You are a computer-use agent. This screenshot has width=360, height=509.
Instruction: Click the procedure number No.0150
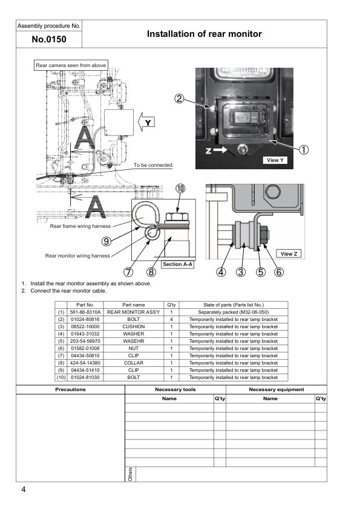[49, 39]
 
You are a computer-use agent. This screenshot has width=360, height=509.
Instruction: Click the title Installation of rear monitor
[205, 34]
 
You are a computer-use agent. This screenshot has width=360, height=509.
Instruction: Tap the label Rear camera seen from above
[71, 65]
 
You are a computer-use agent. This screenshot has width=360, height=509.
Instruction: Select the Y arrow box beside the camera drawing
[146, 122]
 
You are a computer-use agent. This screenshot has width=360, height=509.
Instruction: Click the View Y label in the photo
[275, 160]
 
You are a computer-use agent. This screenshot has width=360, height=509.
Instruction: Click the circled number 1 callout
[304, 150]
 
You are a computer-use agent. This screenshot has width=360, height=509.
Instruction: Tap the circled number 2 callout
[179, 99]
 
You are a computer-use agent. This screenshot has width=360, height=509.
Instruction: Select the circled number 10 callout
[180, 188]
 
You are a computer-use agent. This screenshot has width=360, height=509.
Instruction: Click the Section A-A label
[178, 264]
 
